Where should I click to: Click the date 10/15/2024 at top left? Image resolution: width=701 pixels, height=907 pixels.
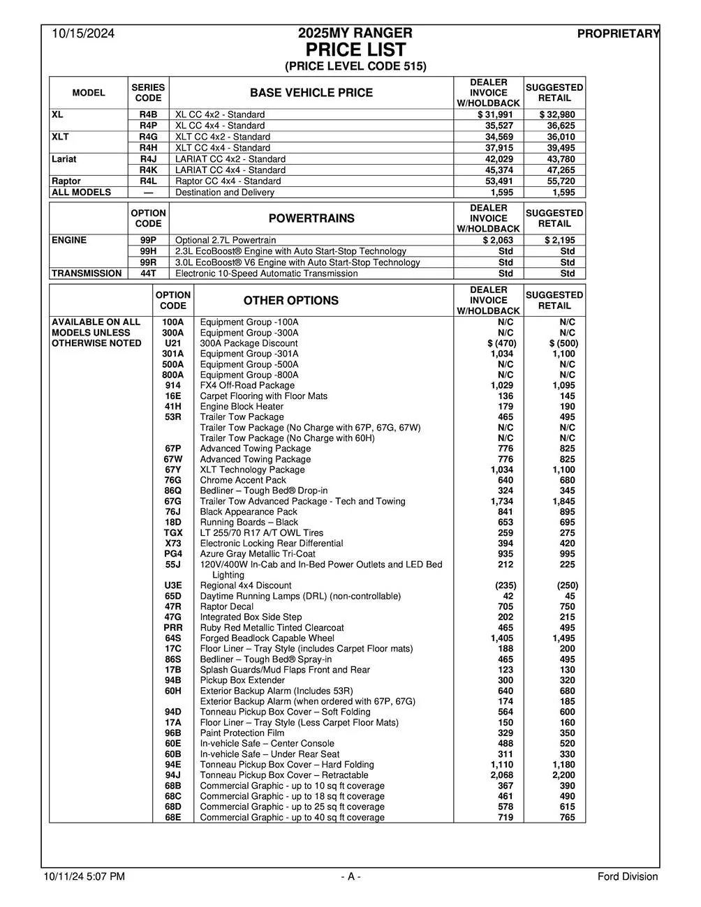pyautogui.click(x=82, y=33)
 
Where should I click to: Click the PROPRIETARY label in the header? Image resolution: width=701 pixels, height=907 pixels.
pyautogui.click(x=618, y=33)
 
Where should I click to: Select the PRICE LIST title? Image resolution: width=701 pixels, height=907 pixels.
pyautogui.click(x=355, y=50)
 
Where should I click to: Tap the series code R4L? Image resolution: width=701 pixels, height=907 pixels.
pyautogui.click(x=148, y=181)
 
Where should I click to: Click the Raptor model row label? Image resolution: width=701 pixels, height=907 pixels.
pyautogui.click(x=66, y=181)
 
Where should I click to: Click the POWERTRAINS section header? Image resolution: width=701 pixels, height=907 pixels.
pyautogui.click(x=311, y=218)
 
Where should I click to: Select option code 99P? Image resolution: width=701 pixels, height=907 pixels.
pyautogui.click(x=148, y=240)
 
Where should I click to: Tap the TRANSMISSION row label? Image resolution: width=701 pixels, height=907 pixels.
pyautogui.click(x=87, y=273)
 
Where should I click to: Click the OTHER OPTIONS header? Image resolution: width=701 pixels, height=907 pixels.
pyautogui.click(x=290, y=301)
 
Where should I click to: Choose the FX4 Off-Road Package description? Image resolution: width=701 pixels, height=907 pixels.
pyautogui.click(x=247, y=385)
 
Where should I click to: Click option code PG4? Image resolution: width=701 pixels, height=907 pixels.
pyautogui.click(x=173, y=554)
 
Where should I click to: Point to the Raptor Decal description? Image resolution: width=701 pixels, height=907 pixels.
pyautogui.click(x=227, y=606)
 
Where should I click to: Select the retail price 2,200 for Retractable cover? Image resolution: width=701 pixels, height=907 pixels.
pyautogui.click(x=563, y=775)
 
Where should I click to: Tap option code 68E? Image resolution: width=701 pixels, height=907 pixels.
pyautogui.click(x=173, y=817)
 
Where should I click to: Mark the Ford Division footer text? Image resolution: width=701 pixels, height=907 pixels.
pyautogui.click(x=627, y=876)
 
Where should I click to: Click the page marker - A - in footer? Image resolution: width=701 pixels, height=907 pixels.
pyautogui.click(x=350, y=876)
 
